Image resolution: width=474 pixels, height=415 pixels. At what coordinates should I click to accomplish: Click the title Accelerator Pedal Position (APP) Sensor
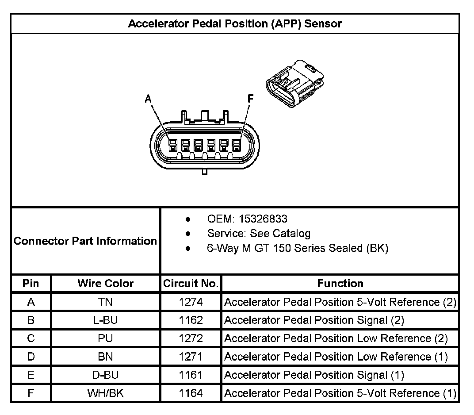(x=235, y=23)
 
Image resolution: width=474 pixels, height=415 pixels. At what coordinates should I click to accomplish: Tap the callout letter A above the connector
(x=149, y=100)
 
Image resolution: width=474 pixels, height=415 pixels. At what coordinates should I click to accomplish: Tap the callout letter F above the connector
(x=251, y=99)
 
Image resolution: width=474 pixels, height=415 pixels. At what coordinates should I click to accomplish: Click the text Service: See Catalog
(x=259, y=233)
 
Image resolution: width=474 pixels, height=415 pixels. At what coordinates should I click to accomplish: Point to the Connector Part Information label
(x=85, y=241)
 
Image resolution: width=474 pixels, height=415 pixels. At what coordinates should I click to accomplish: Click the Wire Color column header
(x=105, y=283)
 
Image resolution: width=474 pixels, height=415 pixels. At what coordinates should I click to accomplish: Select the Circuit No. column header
(x=191, y=283)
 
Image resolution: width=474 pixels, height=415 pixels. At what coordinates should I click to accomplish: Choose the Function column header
(x=340, y=283)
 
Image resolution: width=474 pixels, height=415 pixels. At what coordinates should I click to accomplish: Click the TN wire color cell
(x=105, y=302)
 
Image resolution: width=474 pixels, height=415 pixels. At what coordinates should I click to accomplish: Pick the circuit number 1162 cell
(x=191, y=320)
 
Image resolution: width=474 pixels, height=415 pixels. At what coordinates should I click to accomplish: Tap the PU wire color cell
(x=105, y=338)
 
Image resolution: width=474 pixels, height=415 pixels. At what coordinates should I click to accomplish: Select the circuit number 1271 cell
(x=191, y=357)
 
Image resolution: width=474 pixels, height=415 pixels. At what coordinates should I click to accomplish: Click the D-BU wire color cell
(x=105, y=375)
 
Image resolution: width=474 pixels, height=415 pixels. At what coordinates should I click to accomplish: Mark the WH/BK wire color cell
(x=105, y=393)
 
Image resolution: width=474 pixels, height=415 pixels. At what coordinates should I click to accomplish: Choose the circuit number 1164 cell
(x=191, y=393)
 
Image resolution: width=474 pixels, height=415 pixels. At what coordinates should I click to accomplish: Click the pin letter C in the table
(x=31, y=338)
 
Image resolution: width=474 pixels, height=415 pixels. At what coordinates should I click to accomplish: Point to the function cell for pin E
(x=314, y=375)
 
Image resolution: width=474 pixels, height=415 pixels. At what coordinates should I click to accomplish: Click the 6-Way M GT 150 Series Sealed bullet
(x=297, y=248)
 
